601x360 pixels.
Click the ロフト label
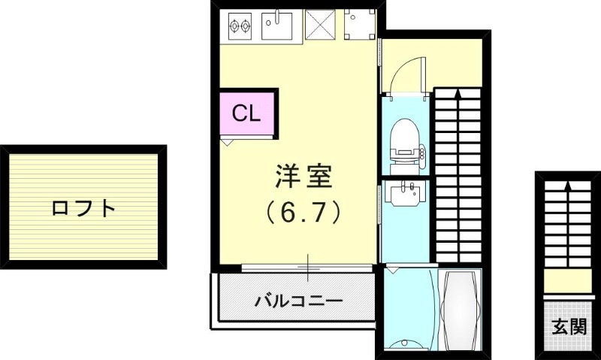83,207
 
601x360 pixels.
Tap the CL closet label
246,113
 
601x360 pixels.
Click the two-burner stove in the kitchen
240,26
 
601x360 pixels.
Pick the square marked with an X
322,26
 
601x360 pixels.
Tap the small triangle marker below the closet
227,141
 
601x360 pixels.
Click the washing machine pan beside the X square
358,25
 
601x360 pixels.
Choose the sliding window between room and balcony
308,266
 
